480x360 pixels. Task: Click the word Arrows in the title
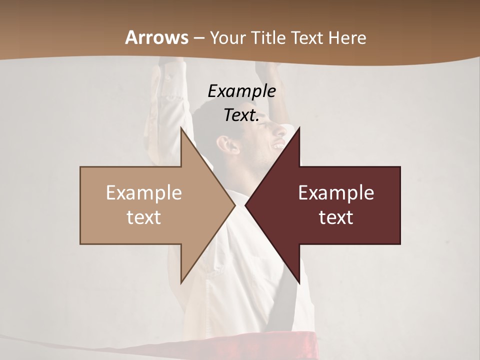pos(157,37)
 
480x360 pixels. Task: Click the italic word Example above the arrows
pos(241,91)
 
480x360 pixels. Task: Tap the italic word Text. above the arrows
pos(241,115)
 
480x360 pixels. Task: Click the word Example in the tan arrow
pos(144,193)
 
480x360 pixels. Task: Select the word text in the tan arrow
pos(144,217)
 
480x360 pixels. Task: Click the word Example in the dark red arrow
pos(336,193)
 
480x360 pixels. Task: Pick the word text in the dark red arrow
pos(336,217)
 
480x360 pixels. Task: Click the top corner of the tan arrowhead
pos(181,128)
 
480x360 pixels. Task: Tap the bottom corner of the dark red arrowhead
pos(299,283)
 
